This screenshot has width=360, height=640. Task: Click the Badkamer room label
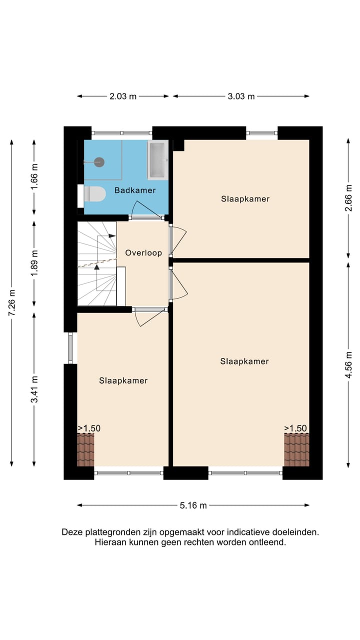click(x=134, y=190)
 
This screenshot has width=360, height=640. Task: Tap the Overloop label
click(x=143, y=253)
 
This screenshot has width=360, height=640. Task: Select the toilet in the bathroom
click(x=93, y=194)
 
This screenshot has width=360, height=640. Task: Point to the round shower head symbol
click(x=99, y=162)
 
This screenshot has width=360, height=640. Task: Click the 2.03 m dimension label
click(x=123, y=96)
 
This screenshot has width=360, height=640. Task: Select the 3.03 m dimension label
click(x=241, y=96)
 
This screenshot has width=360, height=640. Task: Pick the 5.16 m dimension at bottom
click(x=193, y=505)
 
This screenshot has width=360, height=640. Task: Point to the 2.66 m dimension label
click(x=348, y=198)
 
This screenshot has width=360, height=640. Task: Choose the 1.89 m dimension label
click(x=34, y=263)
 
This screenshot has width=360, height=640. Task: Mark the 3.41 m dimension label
click(x=34, y=389)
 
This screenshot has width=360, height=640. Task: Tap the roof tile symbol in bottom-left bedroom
click(x=85, y=449)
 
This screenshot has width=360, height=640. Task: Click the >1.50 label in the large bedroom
click(x=295, y=428)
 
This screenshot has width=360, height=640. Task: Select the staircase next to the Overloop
click(x=96, y=263)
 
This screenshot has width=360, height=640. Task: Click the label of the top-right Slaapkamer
click(x=245, y=199)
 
